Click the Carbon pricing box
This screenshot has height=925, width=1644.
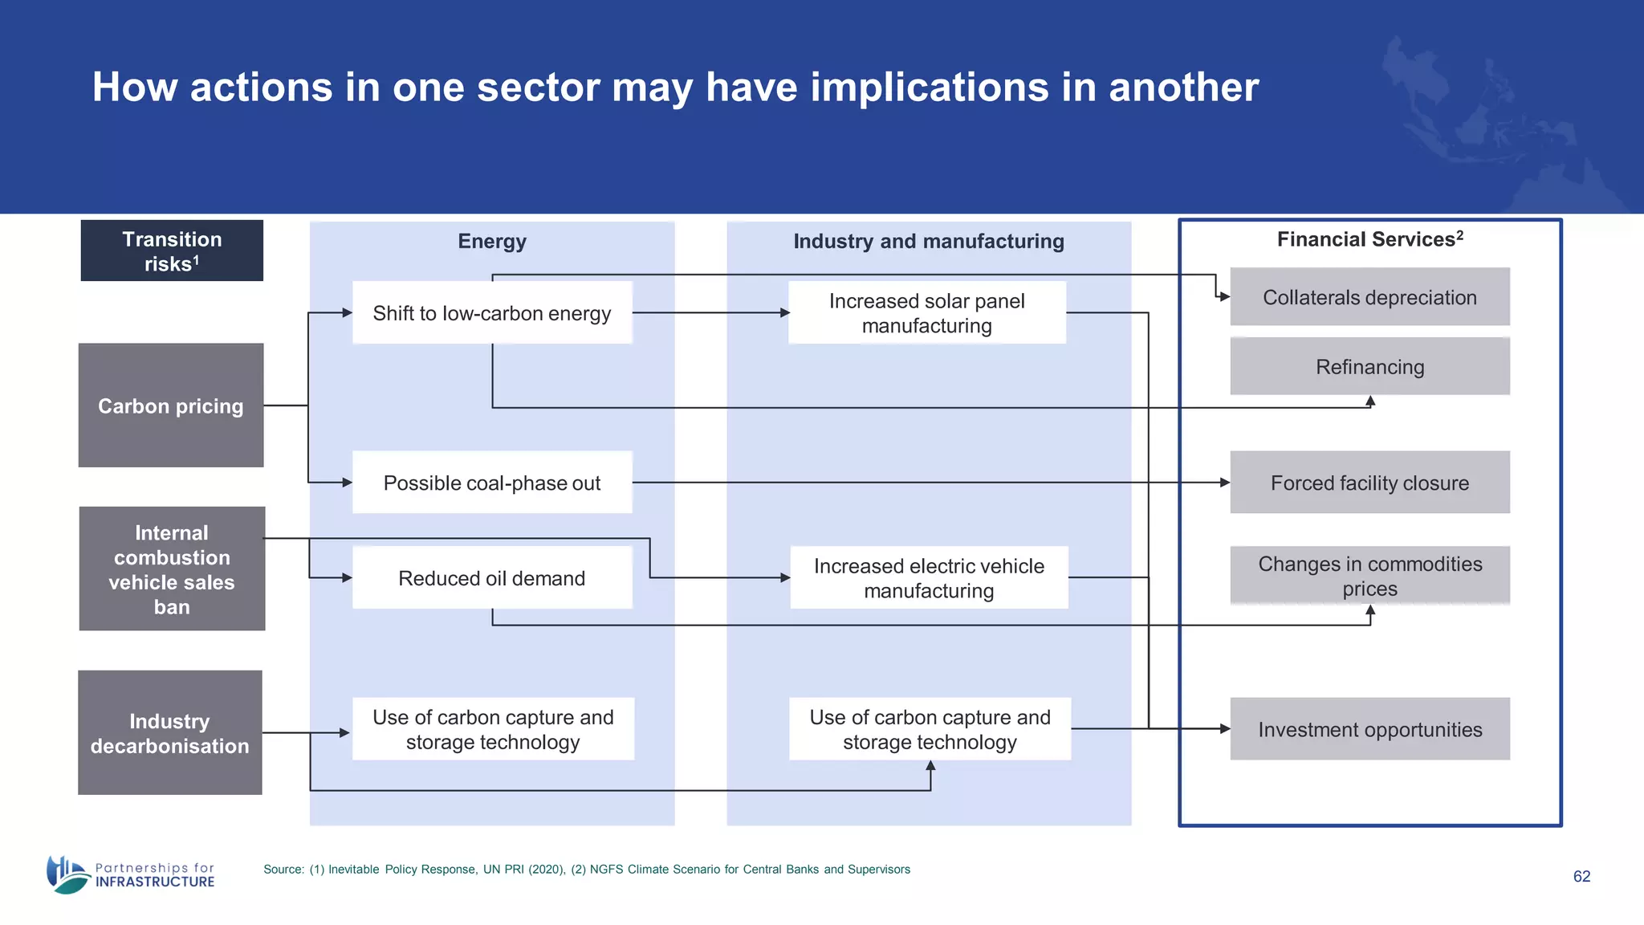click(171, 405)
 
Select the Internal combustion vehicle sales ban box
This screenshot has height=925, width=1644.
click(172, 568)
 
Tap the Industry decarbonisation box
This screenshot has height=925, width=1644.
click(170, 732)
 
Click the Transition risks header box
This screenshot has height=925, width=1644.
click(172, 251)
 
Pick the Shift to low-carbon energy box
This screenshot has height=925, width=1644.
click(492, 313)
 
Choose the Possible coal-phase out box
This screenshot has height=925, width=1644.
click(492, 483)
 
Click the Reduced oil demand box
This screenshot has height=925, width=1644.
click(492, 577)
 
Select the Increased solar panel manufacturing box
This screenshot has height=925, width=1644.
click(927, 313)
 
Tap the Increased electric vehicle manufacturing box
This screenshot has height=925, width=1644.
click(929, 577)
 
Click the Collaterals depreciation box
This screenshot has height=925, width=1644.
click(1369, 297)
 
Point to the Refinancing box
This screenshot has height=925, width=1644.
click(1369, 366)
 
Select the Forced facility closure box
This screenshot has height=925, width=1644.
click(1369, 483)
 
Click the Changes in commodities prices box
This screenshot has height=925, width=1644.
click(1369, 576)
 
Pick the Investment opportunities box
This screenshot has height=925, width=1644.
click(1369, 729)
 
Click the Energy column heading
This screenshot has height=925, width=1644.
click(492, 241)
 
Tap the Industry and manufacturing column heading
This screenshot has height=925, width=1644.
click(929, 241)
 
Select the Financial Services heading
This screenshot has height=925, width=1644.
click(1369, 239)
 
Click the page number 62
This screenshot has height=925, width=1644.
click(1581, 876)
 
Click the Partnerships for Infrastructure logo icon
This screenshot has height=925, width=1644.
click(67, 874)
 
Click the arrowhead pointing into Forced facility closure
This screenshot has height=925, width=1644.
click(1225, 483)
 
